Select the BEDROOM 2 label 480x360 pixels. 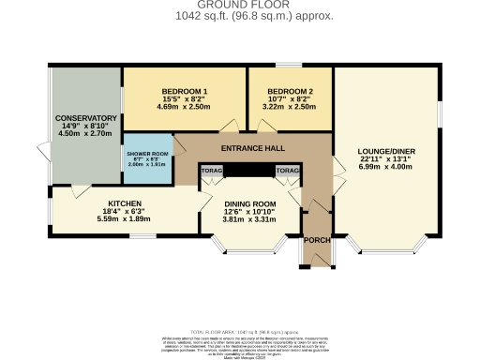(x=282, y=90)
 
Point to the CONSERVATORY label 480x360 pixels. (x=85, y=118)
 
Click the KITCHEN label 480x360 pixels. (x=126, y=203)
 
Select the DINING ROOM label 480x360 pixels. (x=249, y=204)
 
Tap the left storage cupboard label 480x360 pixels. (x=210, y=171)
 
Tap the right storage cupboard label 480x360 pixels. (x=287, y=171)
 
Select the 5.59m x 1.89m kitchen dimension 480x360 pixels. (x=126, y=221)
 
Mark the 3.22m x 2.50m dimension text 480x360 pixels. (x=282, y=108)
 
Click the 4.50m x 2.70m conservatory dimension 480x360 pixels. (x=85, y=134)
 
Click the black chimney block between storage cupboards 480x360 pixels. (x=248, y=171)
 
